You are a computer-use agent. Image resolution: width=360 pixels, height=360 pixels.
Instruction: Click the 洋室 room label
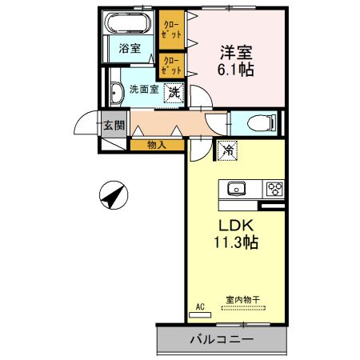click(x=237, y=54)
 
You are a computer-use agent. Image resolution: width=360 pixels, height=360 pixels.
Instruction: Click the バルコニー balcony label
click(x=222, y=339)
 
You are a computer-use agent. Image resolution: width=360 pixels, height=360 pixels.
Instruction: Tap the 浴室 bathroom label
click(x=130, y=48)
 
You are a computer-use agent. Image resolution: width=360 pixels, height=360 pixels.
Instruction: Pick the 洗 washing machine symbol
click(x=174, y=93)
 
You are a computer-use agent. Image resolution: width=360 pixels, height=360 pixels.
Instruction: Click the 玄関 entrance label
click(x=113, y=125)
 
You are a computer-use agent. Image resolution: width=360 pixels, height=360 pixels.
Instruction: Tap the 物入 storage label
click(x=157, y=145)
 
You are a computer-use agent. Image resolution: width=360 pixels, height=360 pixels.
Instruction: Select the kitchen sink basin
click(x=237, y=190)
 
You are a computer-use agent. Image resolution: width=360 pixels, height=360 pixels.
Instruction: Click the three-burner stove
click(x=275, y=190)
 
